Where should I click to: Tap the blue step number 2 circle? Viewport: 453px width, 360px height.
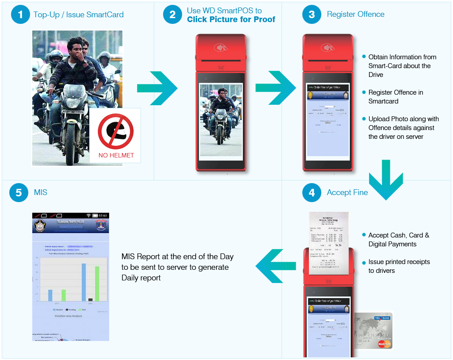(172, 15)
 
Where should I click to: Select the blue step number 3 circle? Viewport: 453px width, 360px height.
(312, 15)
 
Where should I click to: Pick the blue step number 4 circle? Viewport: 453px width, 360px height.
(312, 193)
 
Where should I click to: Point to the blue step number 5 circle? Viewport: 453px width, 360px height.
(19, 193)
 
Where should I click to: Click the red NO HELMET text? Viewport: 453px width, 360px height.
(116, 155)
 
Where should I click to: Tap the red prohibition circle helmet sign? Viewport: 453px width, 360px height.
(115, 131)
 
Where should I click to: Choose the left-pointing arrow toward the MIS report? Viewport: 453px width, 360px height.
(270, 266)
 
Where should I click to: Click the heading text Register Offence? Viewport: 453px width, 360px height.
(356, 14)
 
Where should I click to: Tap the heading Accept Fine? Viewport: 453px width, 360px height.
(347, 192)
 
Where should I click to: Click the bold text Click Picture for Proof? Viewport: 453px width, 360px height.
(231, 19)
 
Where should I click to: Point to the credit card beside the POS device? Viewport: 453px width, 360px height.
(373, 330)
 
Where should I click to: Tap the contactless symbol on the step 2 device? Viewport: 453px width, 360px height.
(220, 47)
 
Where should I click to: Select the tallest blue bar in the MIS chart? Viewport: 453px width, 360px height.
(84, 282)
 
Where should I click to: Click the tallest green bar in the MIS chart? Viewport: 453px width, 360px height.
(97, 283)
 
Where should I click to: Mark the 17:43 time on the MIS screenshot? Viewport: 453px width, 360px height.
(103, 216)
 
